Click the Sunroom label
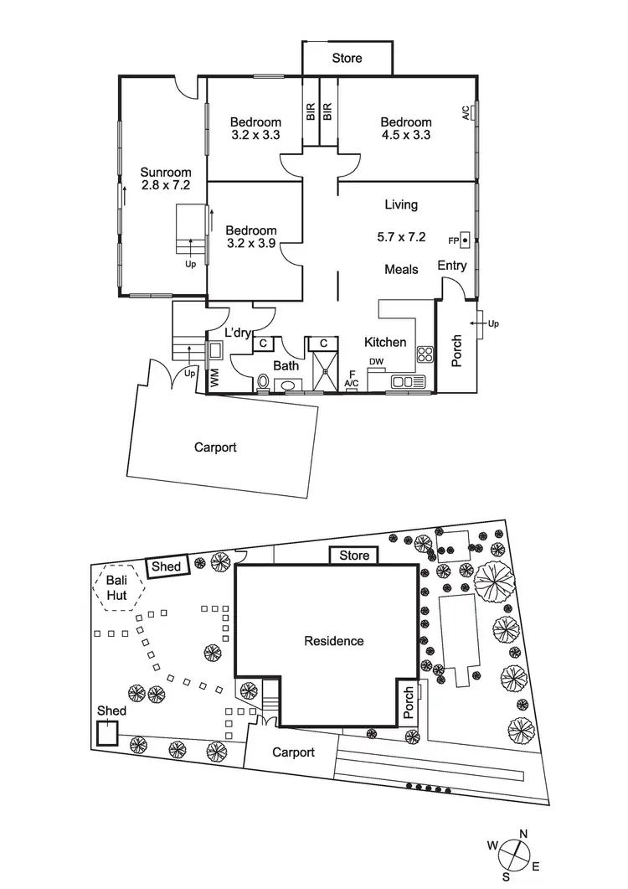[160, 172]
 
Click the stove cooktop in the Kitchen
[425, 353]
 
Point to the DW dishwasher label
[377, 361]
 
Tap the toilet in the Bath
[264, 384]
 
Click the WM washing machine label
[214, 377]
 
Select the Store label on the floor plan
[347, 59]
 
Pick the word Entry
[452, 266]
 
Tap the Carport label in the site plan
[293, 752]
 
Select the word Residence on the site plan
[334, 641]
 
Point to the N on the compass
[522, 834]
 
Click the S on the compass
[506, 876]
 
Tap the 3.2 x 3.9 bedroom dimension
[250, 244]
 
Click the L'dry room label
[238, 333]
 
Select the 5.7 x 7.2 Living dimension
[402, 238]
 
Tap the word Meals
[401, 269]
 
